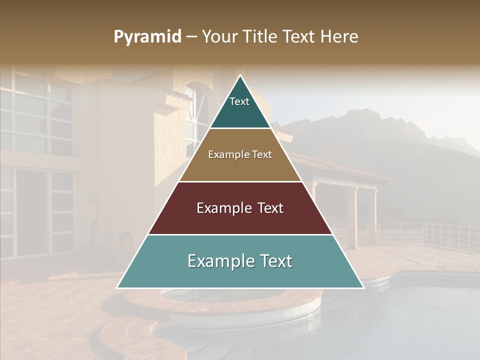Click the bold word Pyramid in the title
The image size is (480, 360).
pos(147,37)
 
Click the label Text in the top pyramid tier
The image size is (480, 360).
pos(239,101)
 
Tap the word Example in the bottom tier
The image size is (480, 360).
pos(218,261)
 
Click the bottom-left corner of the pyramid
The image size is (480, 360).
pos(117,287)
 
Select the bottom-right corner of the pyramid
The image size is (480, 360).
pos(363,287)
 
